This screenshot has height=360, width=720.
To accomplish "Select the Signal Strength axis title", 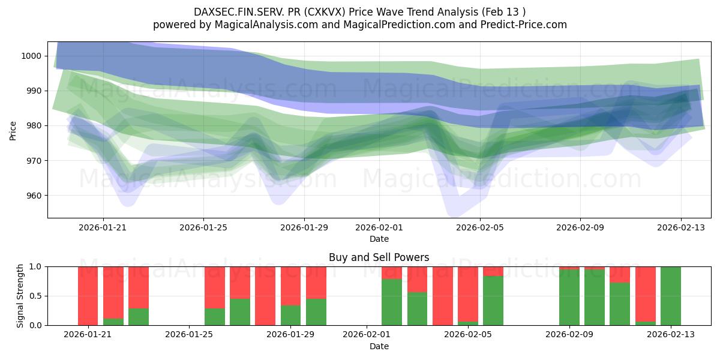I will (x=20, y=296).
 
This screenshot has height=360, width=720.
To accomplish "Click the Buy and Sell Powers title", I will (x=379, y=257).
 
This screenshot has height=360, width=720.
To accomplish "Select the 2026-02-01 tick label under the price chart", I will (x=379, y=227).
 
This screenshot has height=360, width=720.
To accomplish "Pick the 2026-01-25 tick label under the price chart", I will (x=203, y=227).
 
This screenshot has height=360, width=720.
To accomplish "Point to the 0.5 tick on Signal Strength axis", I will (x=37, y=296).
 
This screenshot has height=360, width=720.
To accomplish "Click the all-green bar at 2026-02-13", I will (x=670, y=296).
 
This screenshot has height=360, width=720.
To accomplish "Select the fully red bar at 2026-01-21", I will (x=88, y=296).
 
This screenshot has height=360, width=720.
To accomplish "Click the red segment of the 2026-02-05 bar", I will (x=493, y=271).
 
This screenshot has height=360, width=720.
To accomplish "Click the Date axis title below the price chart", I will (x=379, y=239).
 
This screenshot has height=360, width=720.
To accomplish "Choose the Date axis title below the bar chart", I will (x=379, y=346).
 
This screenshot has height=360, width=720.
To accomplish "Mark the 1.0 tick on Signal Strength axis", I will (x=37, y=266).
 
